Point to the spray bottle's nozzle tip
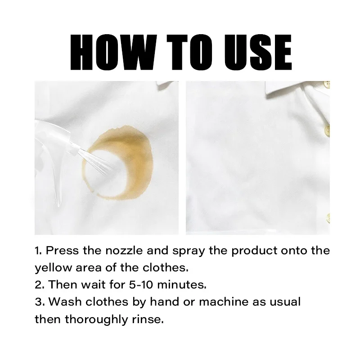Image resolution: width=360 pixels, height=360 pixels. tap(77, 150)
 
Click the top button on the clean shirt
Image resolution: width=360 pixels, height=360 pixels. tap(328, 84)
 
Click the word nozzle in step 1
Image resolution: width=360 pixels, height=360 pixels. tap(124, 251)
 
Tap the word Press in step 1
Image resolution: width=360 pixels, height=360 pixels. tap(62, 251)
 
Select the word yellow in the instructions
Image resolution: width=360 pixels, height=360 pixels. tap(53, 268)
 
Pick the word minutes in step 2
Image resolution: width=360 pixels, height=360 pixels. tap(182, 285)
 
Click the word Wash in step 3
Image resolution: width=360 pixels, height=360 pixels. tap(65, 301)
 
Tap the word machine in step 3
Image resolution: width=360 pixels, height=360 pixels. tap(224, 301)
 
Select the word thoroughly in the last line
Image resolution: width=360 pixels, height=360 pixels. tap(96, 319)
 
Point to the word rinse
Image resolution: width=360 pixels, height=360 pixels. tap(148, 319)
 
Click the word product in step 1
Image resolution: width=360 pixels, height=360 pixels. tap(254, 251)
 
